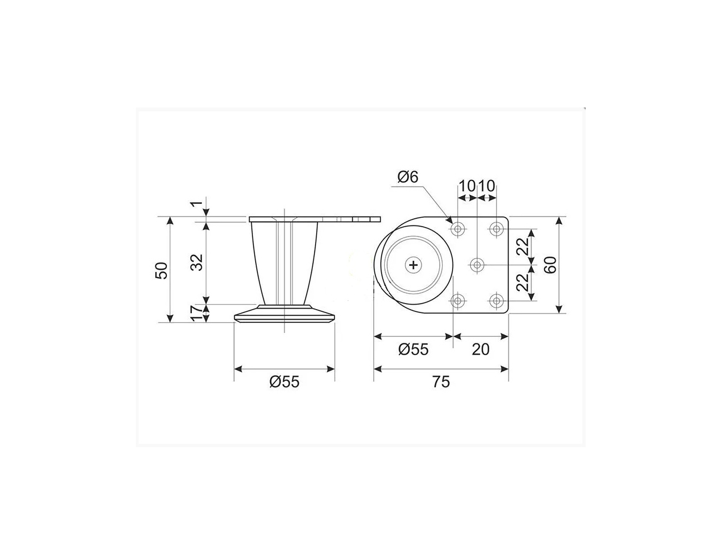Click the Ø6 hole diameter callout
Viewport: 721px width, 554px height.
click(408, 177)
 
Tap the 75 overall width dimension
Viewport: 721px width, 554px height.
click(441, 382)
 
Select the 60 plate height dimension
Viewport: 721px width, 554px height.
click(550, 265)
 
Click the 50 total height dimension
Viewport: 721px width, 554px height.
click(161, 270)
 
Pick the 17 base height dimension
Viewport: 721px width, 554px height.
click(197, 313)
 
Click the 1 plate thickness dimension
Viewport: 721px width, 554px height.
click(196, 204)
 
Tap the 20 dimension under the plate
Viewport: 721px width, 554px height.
click(480, 349)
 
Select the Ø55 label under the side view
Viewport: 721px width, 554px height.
click(285, 382)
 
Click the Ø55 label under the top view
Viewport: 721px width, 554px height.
click(413, 349)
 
